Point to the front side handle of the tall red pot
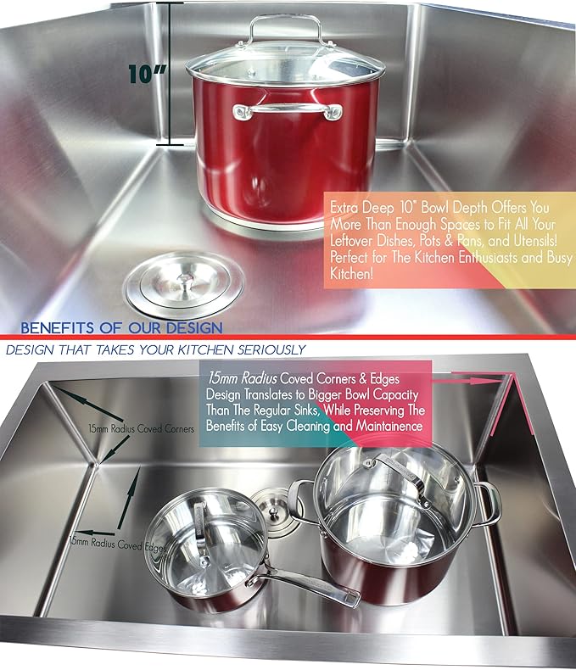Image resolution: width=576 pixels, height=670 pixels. (288, 111)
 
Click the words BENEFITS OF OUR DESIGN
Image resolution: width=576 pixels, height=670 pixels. (121, 327)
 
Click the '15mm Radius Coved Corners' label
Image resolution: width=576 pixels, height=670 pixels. (142, 429)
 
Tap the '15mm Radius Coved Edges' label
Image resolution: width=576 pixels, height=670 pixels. (118, 544)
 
